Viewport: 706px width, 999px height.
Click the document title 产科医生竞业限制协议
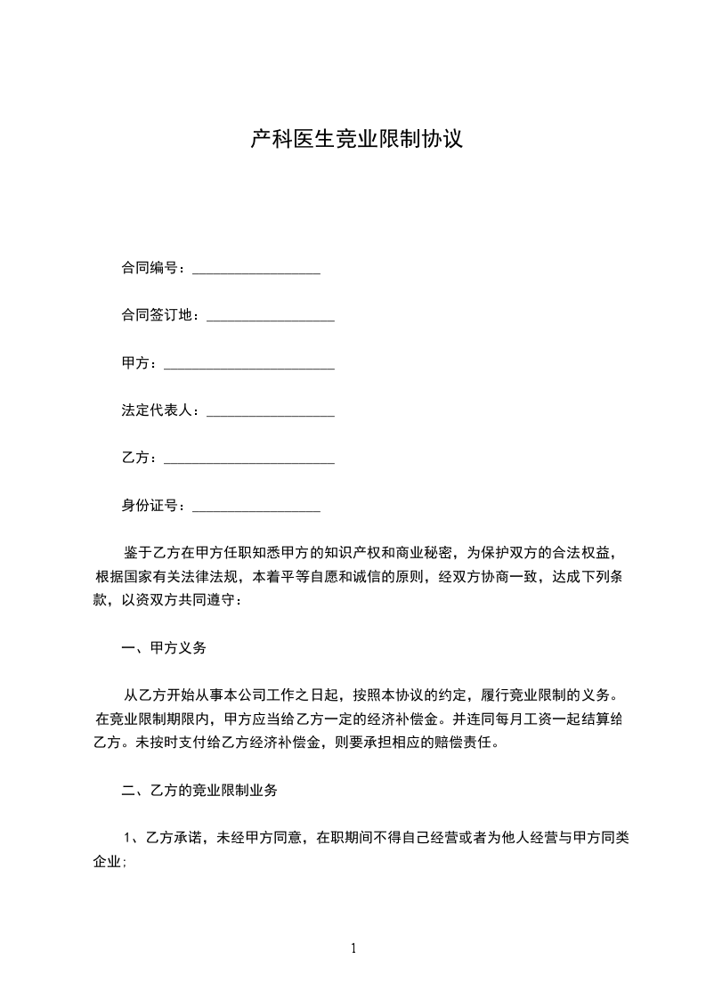[356, 140]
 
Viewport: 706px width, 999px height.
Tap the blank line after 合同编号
[256, 270]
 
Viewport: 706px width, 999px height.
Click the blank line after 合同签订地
[270, 318]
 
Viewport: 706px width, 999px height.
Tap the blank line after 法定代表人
[270, 414]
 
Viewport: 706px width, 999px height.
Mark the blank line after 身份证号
[256, 509]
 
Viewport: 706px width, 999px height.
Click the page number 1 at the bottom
[353, 948]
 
